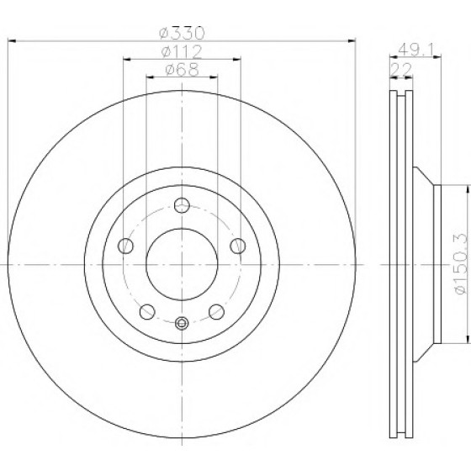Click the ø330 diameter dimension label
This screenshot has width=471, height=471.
[182, 33]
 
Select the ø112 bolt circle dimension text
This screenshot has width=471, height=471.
[182, 51]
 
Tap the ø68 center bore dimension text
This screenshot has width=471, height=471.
[182, 69]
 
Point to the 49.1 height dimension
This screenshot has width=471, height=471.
[415, 50]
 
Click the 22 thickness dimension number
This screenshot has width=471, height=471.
[401, 70]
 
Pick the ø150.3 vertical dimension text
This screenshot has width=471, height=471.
[461, 264]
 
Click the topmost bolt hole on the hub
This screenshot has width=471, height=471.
[182, 205]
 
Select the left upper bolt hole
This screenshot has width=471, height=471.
[126, 246]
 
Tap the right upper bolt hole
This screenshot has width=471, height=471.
[237, 246]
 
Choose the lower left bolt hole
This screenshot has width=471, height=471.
[147, 312]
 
